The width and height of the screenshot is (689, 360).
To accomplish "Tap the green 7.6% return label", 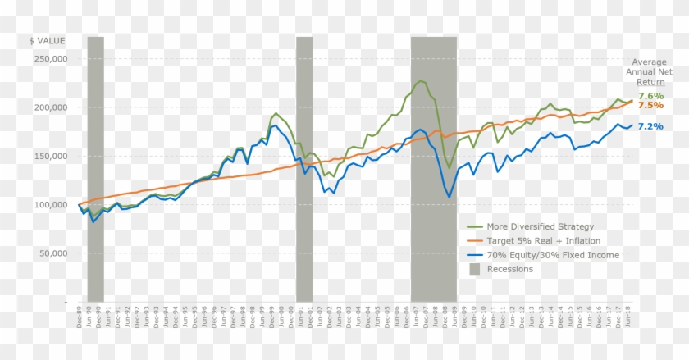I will pos(650,96).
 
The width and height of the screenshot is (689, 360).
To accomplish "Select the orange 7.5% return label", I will pos(650,106).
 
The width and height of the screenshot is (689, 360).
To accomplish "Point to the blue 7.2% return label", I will pos(650,126).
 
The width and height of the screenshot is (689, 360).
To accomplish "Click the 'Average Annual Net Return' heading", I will pos(650,72).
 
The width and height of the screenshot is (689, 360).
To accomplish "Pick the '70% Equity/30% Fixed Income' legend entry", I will pos(553,254).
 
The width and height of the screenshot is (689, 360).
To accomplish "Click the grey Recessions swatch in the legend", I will pos(475,268).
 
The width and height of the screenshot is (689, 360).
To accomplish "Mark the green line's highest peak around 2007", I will pos(421,80).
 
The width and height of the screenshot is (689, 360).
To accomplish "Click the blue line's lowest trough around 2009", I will pos(449,197).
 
